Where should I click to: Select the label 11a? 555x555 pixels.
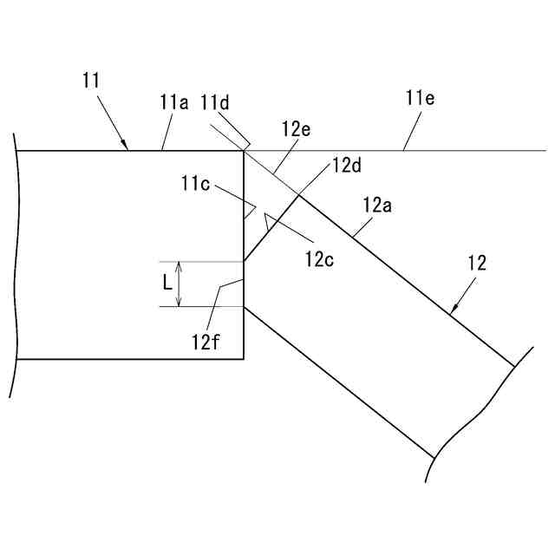tap(174, 102)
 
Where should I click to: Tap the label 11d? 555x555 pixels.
tap(215, 102)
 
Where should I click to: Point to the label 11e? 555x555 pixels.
tap(420, 98)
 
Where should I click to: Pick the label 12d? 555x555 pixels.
tap(345, 166)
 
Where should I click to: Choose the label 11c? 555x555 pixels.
tap(196, 184)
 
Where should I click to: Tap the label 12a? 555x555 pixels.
tap(377, 206)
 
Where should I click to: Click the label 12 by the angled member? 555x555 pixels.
tap(477, 262)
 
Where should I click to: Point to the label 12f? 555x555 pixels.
tap(205, 340)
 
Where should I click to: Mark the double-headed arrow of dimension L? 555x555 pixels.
tap(179, 284)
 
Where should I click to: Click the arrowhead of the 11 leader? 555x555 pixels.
tap(127, 147)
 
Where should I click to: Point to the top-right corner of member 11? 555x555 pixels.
tap(243, 151)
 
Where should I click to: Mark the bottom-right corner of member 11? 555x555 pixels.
tap(243, 358)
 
